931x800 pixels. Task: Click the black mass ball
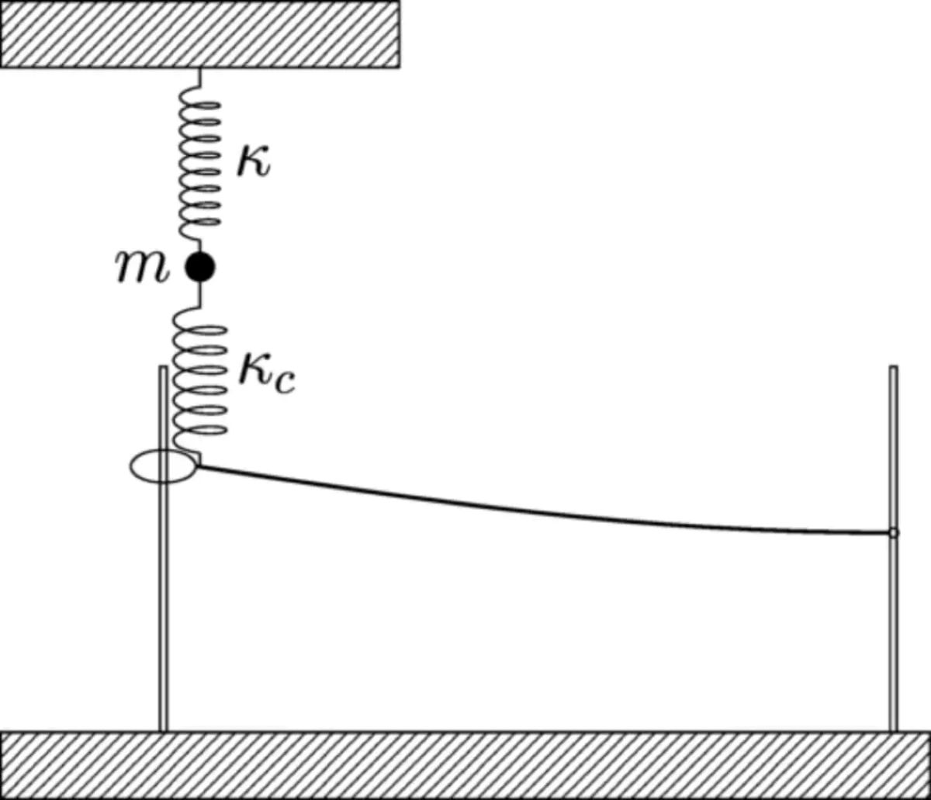coord(200,267)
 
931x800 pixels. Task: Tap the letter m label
coord(142,267)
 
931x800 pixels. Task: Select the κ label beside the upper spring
coord(254,162)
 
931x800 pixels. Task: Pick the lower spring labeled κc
coord(200,381)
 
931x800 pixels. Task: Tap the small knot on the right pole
coord(893,533)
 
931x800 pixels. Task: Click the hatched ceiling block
coord(200,34)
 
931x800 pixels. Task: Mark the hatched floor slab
coord(465,765)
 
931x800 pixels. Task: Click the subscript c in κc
coord(284,383)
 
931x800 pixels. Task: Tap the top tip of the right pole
coord(893,365)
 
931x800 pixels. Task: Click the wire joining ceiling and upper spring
coord(200,78)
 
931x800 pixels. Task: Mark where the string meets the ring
coord(197,466)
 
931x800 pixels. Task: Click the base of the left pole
coord(163,730)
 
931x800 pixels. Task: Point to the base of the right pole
coord(893,730)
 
